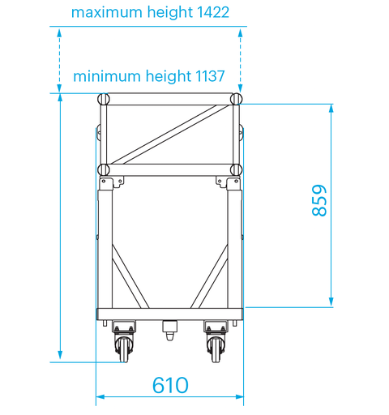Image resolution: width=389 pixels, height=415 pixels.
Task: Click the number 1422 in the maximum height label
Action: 207,13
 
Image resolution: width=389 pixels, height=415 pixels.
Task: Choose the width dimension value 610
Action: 170,385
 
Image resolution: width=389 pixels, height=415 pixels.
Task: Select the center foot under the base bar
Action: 170,330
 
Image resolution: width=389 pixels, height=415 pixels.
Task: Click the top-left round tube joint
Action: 103,99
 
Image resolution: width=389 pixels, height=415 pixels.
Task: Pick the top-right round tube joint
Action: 236,99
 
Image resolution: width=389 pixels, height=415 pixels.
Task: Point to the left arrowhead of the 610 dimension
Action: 100,398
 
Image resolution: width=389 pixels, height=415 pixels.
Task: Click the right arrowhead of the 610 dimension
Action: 240,398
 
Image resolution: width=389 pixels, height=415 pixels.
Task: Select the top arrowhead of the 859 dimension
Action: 331,108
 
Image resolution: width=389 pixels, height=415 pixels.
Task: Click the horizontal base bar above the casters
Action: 170,314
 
